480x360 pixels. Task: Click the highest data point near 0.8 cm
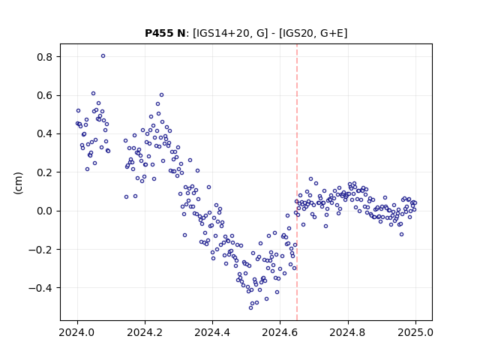tap(103, 56)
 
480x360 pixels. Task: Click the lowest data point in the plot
tap(250, 307)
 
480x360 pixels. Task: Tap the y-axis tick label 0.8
tap(45, 57)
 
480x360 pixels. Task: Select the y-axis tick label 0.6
tap(45, 95)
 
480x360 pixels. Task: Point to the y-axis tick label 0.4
tap(45, 134)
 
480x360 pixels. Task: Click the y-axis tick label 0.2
tap(45, 172)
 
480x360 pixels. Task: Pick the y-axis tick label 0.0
tap(45, 211)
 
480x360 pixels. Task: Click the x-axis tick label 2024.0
tap(77, 332)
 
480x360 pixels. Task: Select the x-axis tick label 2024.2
tap(145, 332)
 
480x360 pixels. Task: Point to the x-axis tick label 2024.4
tap(212, 332)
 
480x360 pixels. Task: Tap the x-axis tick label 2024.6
tap(280, 332)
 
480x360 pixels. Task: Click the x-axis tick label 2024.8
tap(347, 332)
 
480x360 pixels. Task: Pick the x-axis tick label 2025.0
tap(415, 332)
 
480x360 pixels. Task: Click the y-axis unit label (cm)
tap(18, 183)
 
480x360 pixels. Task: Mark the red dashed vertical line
tap(297, 182)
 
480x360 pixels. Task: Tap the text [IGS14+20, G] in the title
tap(230, 33)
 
